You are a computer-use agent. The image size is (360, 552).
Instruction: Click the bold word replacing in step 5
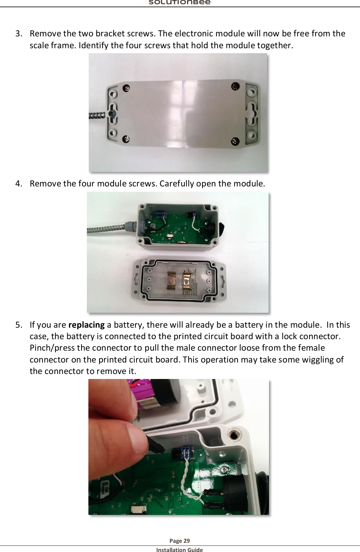[x=86, y=325]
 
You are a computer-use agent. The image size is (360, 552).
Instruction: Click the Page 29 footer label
[x=179, y=541]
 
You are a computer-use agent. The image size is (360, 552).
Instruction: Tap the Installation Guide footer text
[x=179, y=550]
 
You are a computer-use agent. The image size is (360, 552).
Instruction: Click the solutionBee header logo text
[x=179, y=2]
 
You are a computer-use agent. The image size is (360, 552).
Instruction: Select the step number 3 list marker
[x=19, y=34]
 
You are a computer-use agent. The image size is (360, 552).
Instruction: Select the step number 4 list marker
[x=19, y=184]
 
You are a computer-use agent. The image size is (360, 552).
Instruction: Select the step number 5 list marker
[x=19, y=325]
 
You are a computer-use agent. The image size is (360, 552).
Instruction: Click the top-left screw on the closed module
[x=126, y=88]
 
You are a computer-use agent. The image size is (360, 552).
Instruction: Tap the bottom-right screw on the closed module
[x=235, y=142]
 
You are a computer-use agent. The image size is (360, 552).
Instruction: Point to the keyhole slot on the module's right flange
[x=251, y=114]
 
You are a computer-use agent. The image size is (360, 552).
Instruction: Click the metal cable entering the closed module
[x=97, y=115]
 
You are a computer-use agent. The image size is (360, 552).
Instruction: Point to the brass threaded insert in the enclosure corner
[x=233, y=435]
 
